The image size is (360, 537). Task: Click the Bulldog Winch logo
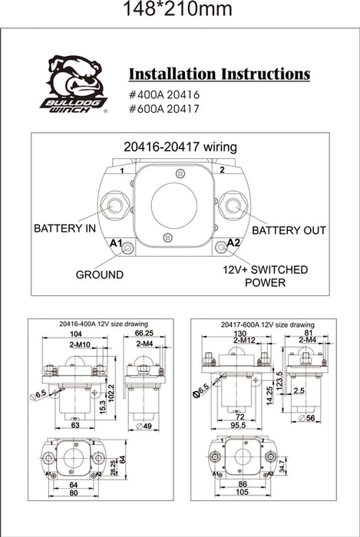click(x=78, y=84)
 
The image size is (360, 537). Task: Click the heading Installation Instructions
click(x=219, y=74)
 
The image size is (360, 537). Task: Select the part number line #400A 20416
click(x=165, y=94)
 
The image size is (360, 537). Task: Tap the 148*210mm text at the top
click(x=180, y=11)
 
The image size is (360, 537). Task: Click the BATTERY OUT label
click(x=289, y=230)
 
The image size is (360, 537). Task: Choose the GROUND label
click(x=100, y=274)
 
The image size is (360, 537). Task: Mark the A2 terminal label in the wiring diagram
click(x=234, y=243)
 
